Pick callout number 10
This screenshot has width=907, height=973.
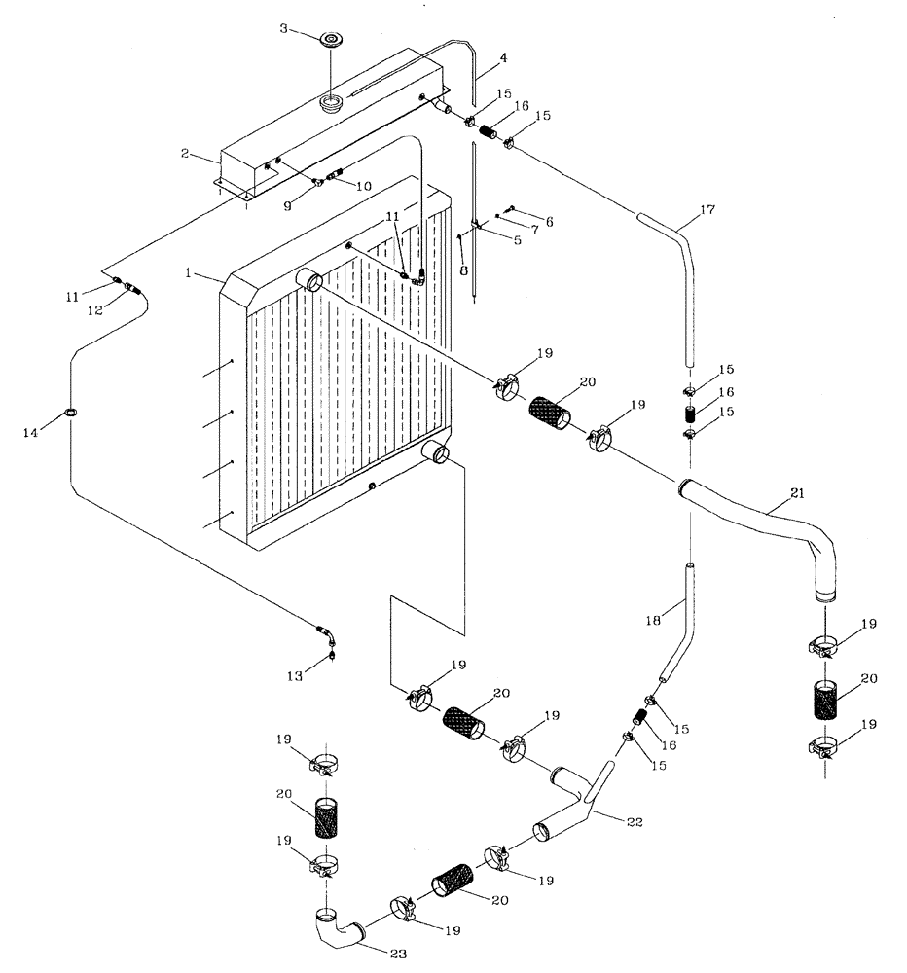(x=364, y=186)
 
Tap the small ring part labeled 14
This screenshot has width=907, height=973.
(x=72, y=414)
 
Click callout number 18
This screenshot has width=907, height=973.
(x=654, y=620)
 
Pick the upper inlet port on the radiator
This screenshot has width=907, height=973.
(x=313, y=281)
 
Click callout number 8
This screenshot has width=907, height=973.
(x=463, y=270)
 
